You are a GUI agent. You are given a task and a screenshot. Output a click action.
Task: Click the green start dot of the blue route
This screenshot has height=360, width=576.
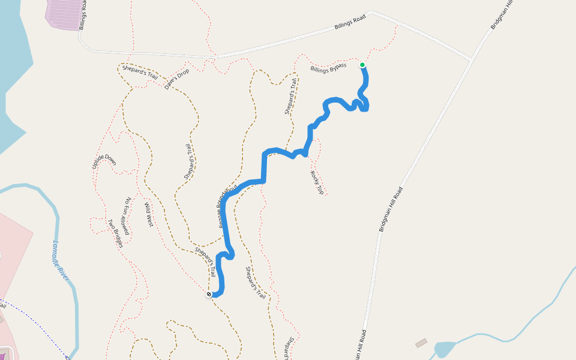coord(362,65)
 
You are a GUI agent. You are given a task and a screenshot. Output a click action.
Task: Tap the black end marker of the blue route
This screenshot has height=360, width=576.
coord(209,294)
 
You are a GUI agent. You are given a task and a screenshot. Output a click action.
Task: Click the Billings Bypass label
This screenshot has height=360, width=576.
coord(328,68)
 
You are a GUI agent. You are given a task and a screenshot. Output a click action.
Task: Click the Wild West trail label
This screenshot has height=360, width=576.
coord(149,215)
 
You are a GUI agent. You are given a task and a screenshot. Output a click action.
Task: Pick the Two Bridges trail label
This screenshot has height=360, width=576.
coord(115,233)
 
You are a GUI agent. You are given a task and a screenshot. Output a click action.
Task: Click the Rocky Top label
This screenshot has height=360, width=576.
coord(317,182)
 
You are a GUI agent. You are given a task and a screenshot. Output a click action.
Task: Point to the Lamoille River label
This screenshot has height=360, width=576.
coord(61,260)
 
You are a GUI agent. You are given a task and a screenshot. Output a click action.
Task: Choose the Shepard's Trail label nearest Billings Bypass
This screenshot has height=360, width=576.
coord(291,96)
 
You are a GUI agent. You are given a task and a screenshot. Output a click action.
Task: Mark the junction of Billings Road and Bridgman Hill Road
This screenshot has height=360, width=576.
coord(472,59)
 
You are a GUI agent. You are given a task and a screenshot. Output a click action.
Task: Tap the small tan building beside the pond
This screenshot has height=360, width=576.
coord(421,343)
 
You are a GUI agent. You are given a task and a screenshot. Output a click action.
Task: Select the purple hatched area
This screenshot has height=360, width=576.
coord(65,13)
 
